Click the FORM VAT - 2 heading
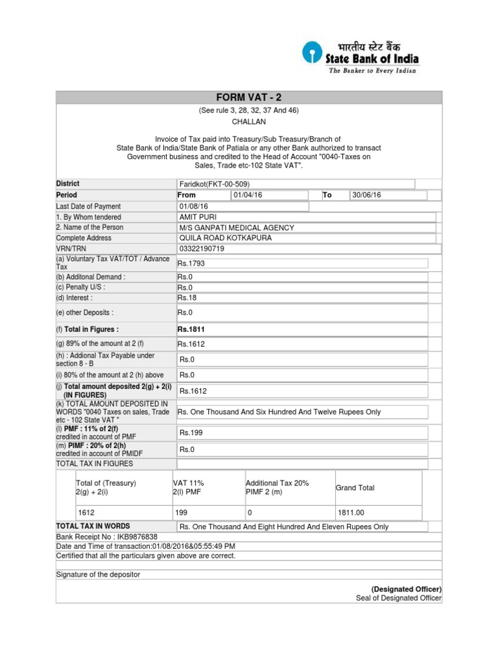[x=249, y=97]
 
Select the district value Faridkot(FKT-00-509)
[x=214, y=184]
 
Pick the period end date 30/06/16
[x=366, y=195]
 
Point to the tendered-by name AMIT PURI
[x=198, y=217]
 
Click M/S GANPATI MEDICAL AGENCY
[x=237, y=227]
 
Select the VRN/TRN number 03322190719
[x=202, y=249]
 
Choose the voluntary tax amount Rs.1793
[x=191, y=263]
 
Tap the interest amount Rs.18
[x=188, y=298]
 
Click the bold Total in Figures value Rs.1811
[x=191, y=330]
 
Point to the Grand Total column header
[x=355, y=488]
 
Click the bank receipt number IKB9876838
[x=136, y=537]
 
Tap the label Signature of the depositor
[x=98, y=575]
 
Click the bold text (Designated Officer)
[x=407, y=589]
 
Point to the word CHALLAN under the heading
[x=249, y=121]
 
